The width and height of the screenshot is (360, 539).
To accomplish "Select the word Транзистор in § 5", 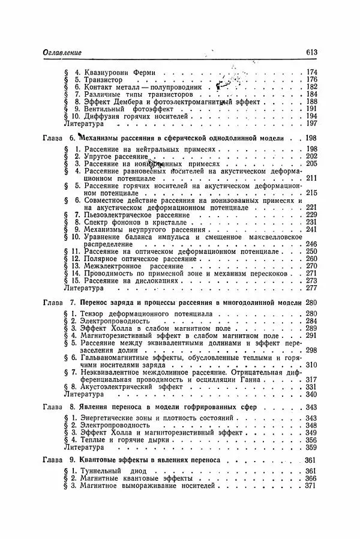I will (x=102, y=80).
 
